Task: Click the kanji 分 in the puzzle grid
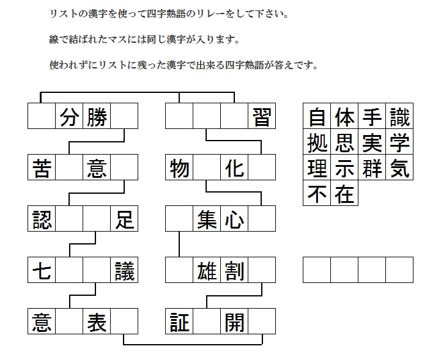[x=69, y=117]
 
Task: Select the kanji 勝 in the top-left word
[x=97, y=117]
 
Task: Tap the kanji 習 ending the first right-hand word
[x=262, y=117]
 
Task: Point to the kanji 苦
[x=42, y=168]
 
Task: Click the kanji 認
[x=42, y=219]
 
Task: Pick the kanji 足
[x=124, y=219]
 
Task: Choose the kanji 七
[x=42, y=271]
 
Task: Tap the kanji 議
[x=124, y=271]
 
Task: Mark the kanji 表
[x=97, y=322]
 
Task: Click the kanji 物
[x=179, y=168]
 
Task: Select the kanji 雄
[x=207, y=271]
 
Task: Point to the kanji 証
[x=179, y=322]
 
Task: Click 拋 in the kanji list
[x=317, y=143]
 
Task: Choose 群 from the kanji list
[x=372, y=169]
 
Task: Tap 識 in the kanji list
[x=399, y=117]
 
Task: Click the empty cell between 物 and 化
[x=207, y=167]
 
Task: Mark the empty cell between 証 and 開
[x=207, y=321]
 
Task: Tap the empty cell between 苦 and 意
[x=69, y=167]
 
